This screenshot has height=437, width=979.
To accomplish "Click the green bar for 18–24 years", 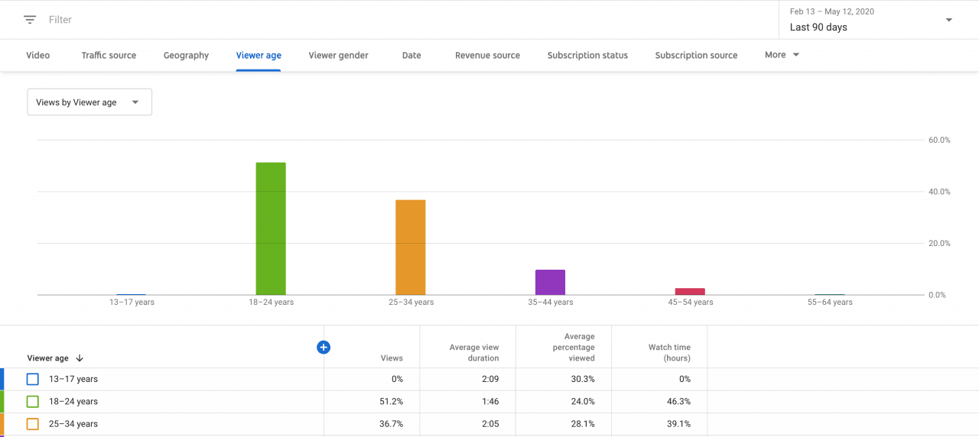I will [x=271, y=228].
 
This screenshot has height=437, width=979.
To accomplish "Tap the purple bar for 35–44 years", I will [x=550, y=282].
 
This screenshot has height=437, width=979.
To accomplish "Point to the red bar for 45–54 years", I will [x=690, y=291].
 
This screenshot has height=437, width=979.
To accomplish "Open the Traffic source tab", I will [x=109, y=55].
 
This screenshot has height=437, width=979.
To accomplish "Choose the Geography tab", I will [x=186, y=55].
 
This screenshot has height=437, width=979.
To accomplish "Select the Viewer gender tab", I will [x=338, y=55].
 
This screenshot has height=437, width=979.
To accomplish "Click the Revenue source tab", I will [x=487, y=55].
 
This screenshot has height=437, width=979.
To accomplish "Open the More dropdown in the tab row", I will [x=782, y=55].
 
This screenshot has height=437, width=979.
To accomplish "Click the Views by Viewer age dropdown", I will [x=89, y=102].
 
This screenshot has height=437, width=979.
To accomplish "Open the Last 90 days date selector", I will [x=871, y=20].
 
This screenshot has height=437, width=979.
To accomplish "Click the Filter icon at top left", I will [x=30, y=20].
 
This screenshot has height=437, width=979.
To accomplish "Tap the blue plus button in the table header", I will [x=324, y=348].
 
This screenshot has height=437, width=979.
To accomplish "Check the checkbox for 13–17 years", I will [x=33, y=379].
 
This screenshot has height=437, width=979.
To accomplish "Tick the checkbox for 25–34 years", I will [x=33, y=424].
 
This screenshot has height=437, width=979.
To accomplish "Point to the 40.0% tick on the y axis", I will [x=939, y=192].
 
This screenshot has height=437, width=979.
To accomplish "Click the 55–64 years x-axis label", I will [x=830, y=303].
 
